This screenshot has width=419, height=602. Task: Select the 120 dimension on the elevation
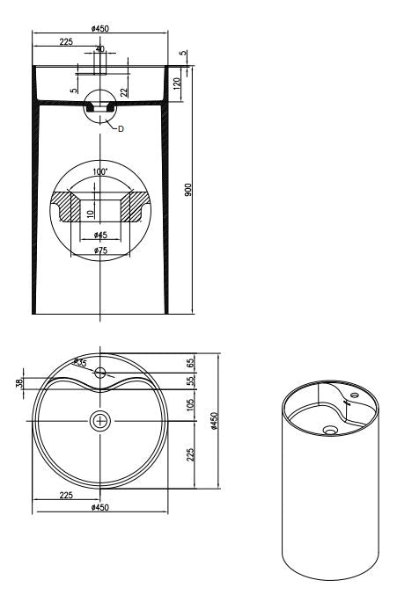pos(177,83)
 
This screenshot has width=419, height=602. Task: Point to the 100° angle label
pos(99,172)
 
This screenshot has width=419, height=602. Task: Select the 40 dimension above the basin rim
pos(99,49)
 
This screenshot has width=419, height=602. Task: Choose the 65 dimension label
pos(191,362)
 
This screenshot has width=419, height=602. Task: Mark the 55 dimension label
pos(191,382)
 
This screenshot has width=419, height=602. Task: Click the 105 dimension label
pos(191,404)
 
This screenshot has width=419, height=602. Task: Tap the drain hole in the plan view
pos(100,421)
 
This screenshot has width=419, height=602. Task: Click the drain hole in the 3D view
pos(330,430)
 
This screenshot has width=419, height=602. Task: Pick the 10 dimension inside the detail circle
pos(90,213)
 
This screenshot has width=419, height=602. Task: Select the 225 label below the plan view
pos(66,496)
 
